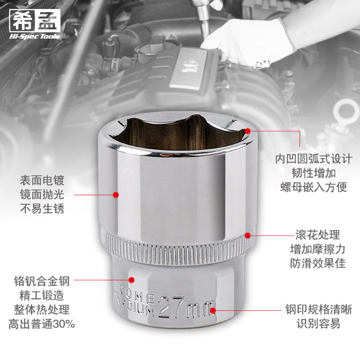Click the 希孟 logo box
click(x=35, y=20)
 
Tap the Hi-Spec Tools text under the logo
click(x=35, y=36)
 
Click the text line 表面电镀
click(x=42, y=180)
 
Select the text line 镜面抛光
click(x=42, y=194)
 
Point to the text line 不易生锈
click(x=42, y=209)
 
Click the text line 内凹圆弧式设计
click(x=314, y=159)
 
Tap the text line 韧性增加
click(x=314, y=173)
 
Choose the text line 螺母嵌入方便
click(x=314, y=187)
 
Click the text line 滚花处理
click(x=318, y=234)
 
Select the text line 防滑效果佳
click(x=318, y=263)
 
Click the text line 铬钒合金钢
click(x=41, y=281)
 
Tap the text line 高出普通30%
click(x=41, y=324)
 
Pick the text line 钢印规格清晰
click(x=319, y=310)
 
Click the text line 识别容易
click(x=319, y=324)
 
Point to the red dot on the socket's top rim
click(x=247, y=131)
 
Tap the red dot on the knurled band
click(x=248, y=235)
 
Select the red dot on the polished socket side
click(x=116, y=195)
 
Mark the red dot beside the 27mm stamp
click(x=213, y=310)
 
